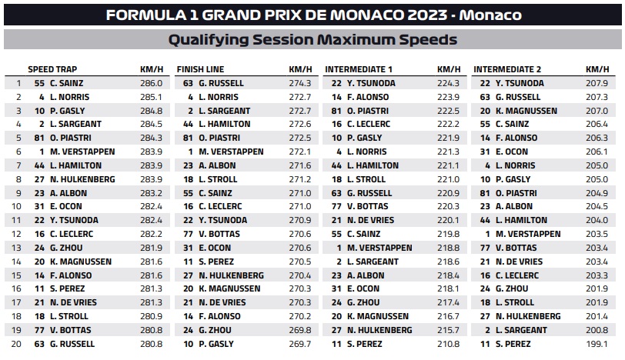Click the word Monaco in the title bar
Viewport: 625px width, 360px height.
(x=490, y=15)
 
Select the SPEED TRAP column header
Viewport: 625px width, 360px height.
(x=52, y=69)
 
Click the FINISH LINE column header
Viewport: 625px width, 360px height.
(x=200, y=69)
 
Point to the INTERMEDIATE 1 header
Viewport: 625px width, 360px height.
(x=359, y=69)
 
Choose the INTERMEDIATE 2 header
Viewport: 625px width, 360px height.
(x=507, y=69)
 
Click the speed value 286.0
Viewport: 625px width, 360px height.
(x=151, y=83)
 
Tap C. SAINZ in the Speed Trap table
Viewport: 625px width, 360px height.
(x=66, y=83)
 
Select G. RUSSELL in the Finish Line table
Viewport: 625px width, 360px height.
(x=221, y=83)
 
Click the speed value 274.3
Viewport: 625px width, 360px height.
(x=299, y=83)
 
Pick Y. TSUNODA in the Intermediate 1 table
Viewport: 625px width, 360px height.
(x=371, y=83)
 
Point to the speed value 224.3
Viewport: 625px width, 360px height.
(x=448, y=83)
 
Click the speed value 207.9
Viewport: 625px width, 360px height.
(x=597, y=83)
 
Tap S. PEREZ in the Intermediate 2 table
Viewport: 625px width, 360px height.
(x=513, y=344)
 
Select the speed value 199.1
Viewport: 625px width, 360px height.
(x=597, y=344)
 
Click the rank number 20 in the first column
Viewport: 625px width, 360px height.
(x=16, y=344)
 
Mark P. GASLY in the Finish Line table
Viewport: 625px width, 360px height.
(x=216, y=344)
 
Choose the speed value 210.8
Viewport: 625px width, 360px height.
(x=448, y=344)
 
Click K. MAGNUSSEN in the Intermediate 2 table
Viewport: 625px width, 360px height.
(x=526, y=111)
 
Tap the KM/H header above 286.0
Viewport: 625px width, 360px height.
(x=152, y=69)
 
